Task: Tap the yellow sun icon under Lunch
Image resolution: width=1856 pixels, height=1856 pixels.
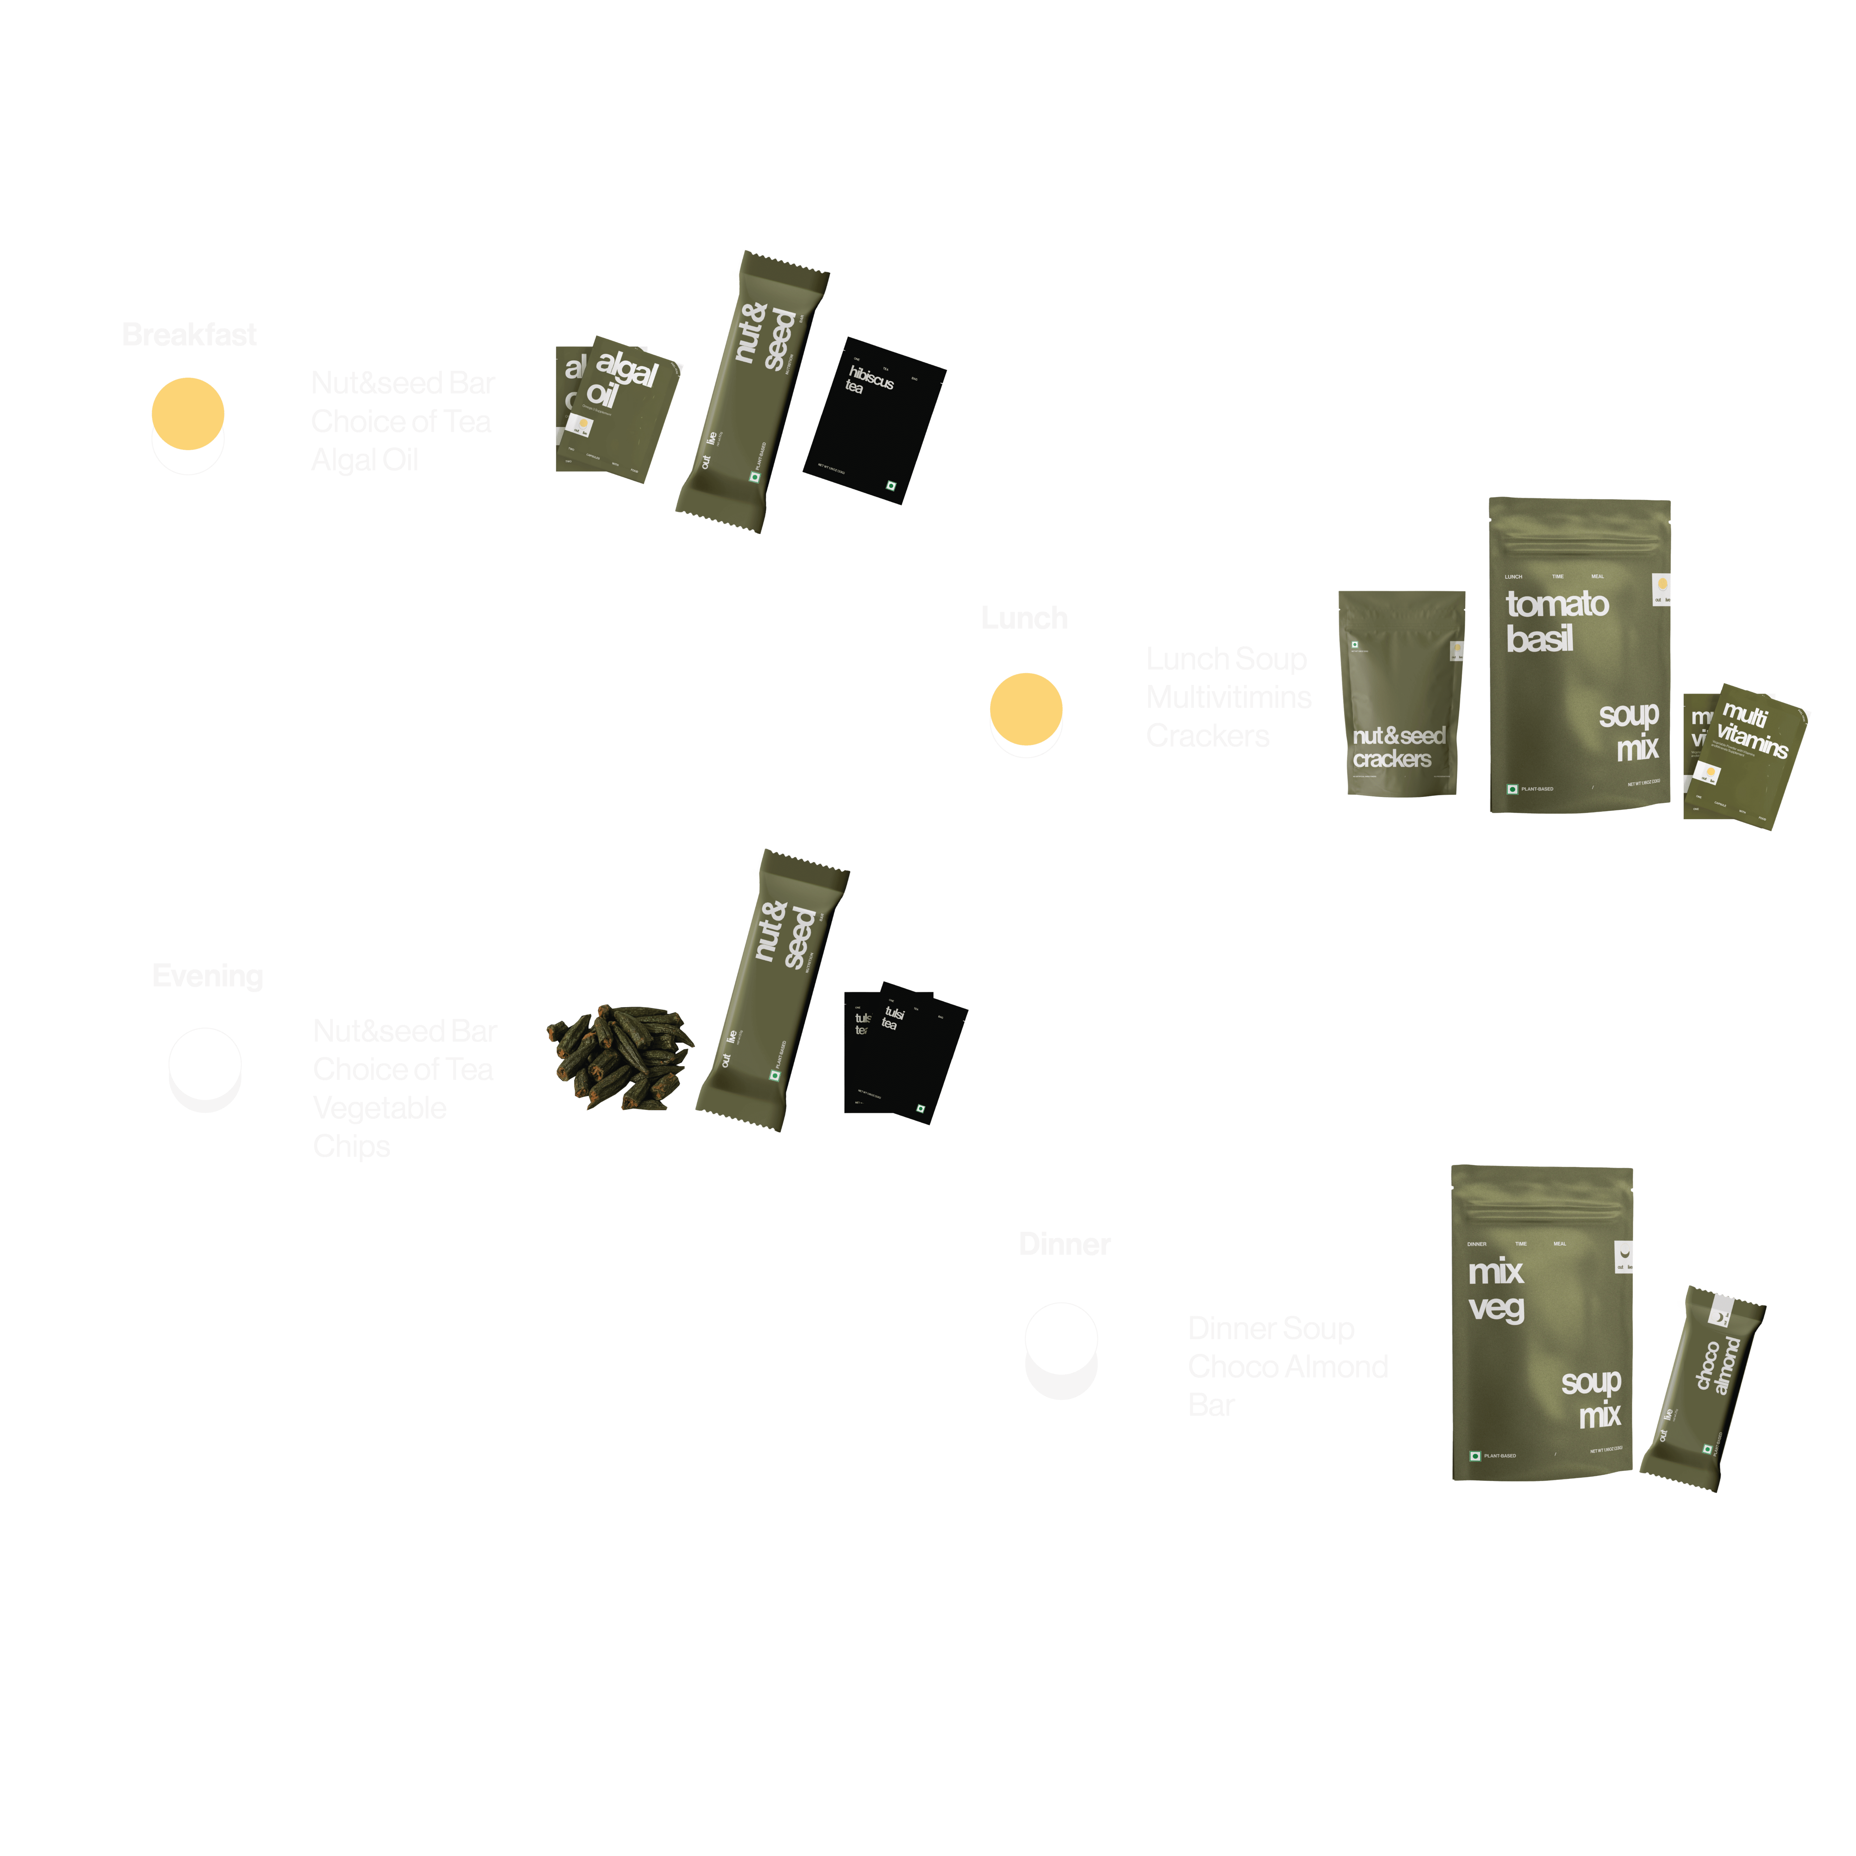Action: (x=1026, y=709)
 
